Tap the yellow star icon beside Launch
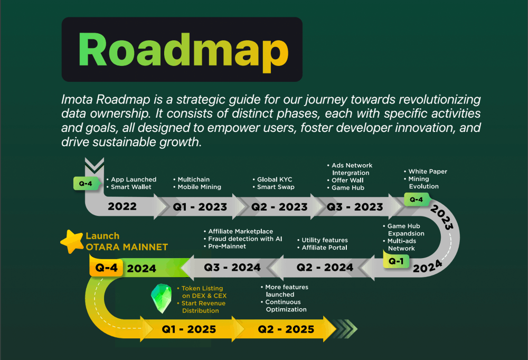[72, 241]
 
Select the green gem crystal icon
[161, 298]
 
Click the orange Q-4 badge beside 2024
[106, 268]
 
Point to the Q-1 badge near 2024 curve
[396, 261]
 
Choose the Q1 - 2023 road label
[200, 207]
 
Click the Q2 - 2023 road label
[279, 207]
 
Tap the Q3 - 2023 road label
[355, 207]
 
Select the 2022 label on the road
[122, 206]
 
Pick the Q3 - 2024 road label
[232, 268]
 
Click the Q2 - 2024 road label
[325, 268]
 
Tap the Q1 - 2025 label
[189, 329]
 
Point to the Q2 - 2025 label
[286, 329]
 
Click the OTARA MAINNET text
[127, 247]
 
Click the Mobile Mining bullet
[197, 187]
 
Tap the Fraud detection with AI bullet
[243, 239]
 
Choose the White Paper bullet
[425, 172]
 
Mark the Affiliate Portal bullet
[322, 248]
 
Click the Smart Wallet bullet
[129, 187]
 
